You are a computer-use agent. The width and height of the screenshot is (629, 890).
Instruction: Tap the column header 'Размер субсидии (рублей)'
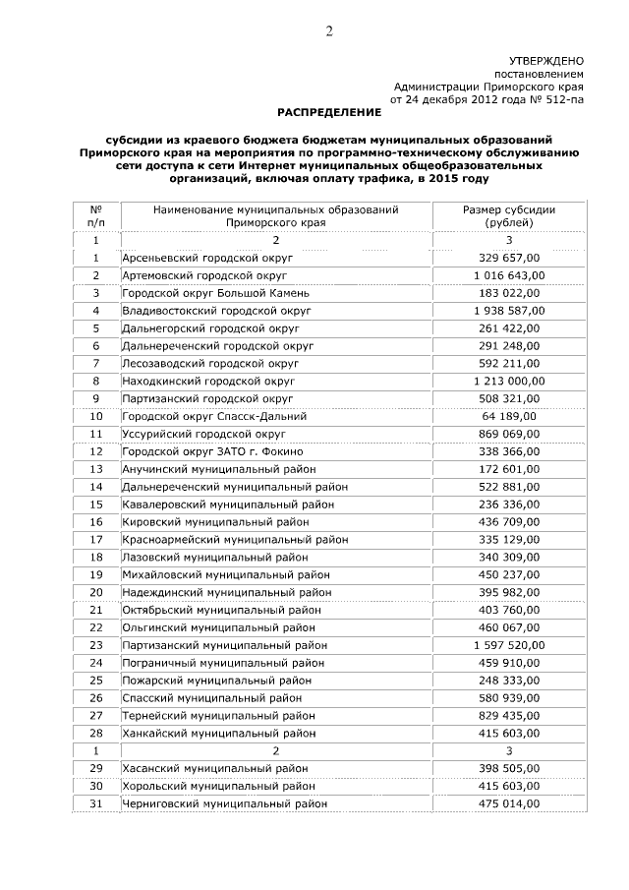508,216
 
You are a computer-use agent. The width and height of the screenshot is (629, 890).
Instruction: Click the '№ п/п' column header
96,216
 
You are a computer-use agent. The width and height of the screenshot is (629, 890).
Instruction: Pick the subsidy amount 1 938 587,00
508,310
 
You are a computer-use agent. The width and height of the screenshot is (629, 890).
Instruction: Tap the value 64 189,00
508,416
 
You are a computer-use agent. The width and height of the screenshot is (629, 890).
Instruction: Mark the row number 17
96,540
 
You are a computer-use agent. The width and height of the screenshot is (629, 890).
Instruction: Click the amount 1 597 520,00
508,645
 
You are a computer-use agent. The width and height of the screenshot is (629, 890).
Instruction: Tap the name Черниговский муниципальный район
223,803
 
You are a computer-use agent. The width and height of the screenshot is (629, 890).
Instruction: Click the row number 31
96,803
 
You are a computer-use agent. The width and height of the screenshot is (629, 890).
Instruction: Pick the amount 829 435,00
508,716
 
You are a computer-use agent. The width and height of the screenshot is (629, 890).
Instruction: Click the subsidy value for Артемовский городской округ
508,275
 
